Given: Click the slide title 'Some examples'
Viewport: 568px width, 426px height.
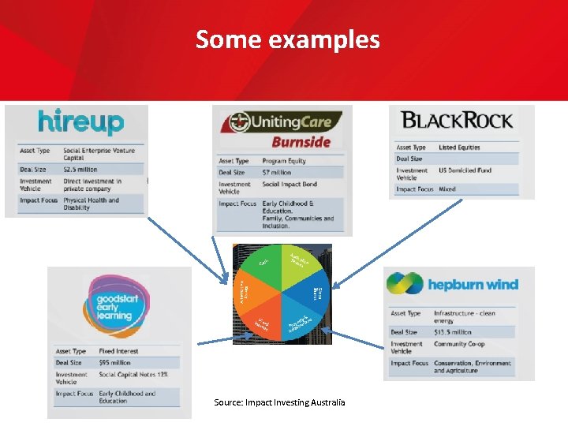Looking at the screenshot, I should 287,39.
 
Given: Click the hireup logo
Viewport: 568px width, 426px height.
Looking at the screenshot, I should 81,123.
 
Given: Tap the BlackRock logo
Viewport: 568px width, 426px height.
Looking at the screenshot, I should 457,121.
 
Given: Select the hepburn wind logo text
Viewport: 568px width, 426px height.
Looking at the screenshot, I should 473,285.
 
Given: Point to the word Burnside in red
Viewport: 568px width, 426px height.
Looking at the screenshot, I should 301,142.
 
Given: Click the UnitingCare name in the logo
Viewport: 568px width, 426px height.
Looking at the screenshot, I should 296,122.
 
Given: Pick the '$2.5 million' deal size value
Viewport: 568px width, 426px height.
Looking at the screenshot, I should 80,170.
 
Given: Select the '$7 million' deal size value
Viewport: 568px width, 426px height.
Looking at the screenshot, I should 276,172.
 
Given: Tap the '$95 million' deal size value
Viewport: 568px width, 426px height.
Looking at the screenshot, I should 115,363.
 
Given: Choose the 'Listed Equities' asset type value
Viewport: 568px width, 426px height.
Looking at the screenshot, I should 459,148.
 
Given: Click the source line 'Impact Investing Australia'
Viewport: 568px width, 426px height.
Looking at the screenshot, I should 279,402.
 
